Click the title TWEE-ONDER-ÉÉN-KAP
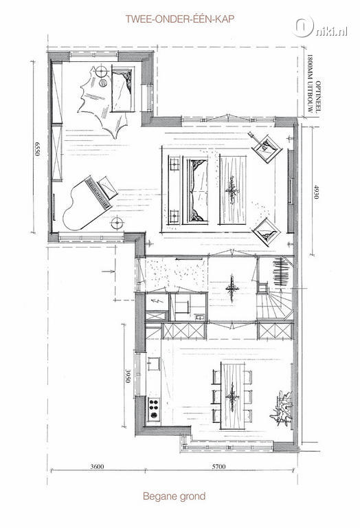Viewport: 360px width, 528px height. tap(180, 19)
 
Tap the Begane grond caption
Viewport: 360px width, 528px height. tap(174, 496)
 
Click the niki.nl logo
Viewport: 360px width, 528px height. tap(320, 27)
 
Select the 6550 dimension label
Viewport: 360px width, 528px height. tap(37, 148)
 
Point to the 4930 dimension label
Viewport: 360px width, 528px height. tap(315, 191)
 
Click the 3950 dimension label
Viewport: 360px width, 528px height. tap(128, 376)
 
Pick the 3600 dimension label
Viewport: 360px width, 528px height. tap(98, 466)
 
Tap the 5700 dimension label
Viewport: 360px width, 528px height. tap(218, 466)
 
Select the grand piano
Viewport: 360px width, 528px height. tap(89, 203)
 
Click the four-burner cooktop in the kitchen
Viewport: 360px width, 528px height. tap(154, 409)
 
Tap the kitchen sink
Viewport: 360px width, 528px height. tap(154, 364)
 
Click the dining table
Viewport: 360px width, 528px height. tap(233, 396)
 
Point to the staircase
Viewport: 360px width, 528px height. tap(275, 302)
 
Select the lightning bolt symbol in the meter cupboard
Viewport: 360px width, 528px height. tap(157, 300)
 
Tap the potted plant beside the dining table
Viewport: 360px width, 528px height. tap(282, 408)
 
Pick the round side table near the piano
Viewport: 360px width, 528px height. tap(117, 223)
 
